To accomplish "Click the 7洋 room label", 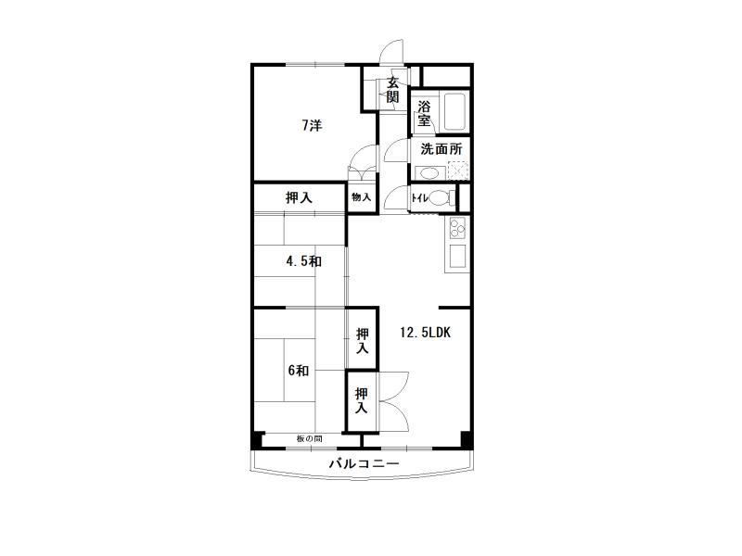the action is (x=313, y=126).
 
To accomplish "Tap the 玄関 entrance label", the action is (x=392, y=90).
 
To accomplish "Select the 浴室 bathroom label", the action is (x=424, y=113).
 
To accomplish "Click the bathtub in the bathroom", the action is (x=454, y=112).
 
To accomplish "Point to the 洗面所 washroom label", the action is (x=441, y=149).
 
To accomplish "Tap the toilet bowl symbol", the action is (x=439, y=197).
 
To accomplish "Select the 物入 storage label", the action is (x=361, y=197).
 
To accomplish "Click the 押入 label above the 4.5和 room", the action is (x=299, y=197).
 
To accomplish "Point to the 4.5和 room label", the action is (x=304, y=261).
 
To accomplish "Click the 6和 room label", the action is (x=298, y=370).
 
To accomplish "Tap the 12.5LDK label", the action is (x=425, y=333).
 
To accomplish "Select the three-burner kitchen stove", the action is (x=457, y=228).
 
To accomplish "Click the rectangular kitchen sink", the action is (x=457, y=257).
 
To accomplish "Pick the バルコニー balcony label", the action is (x=364, y=463).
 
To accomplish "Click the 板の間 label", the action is (x=310, y=439).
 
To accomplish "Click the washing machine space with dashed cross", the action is (x=457, y=171).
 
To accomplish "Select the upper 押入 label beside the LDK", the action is (x=363, y=341).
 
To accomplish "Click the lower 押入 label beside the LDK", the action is (x=362, y=400).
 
